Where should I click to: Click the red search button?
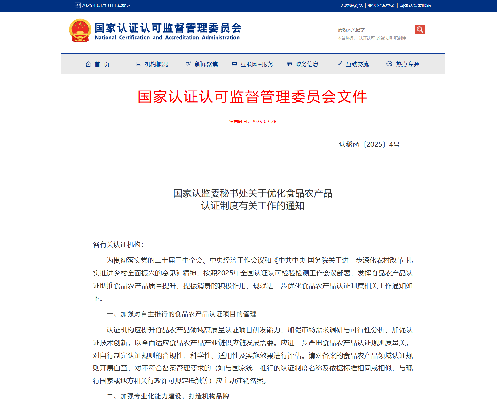tap(420, 29)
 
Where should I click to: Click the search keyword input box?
tap(374, 29)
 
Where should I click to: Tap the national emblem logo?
tap(80, 31)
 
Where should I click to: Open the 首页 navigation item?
tap(98, 64)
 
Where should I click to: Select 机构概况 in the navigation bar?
tap(152, 64)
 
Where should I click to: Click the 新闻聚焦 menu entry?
tap(202, 64)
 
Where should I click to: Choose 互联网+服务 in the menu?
tap(253, 64)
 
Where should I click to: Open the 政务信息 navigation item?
tap(303, 64)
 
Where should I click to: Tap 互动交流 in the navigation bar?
tap(353, 64)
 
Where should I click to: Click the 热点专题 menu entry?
tap(403, 64)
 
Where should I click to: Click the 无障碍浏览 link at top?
tap(351, 5)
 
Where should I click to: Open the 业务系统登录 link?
tap(381, 5)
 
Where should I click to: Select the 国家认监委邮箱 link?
tap(415, 5)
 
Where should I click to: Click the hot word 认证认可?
tap(367, 38)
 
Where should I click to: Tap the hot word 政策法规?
tap(384, 38)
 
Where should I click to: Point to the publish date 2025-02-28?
tap(264, 122)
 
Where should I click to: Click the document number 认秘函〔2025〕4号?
tap(369, 145)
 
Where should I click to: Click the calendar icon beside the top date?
tap(78, 5)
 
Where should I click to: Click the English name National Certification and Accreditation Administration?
tap(167, 38)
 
